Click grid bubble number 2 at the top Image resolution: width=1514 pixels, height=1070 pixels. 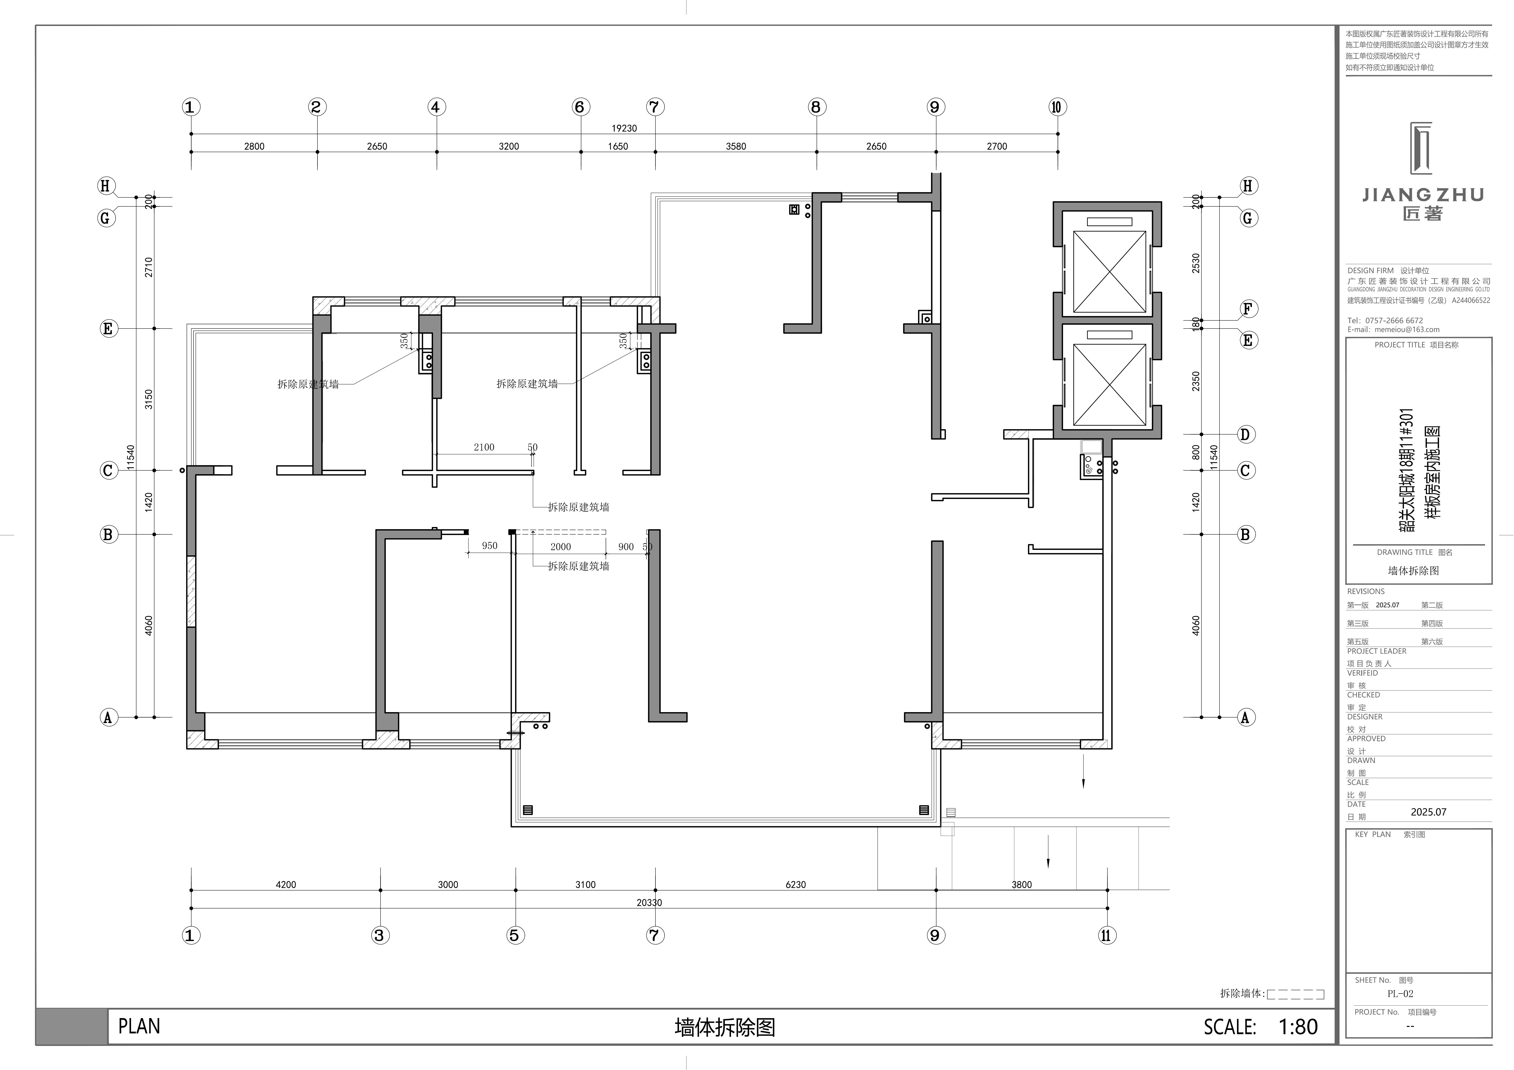coord(317,107)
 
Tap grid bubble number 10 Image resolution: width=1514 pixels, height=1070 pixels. coord(1057,107)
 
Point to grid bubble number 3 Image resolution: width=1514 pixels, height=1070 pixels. coord(379,935)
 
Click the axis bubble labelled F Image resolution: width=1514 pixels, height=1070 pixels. coord(1247,309)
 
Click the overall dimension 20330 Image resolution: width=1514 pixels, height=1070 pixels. coord(649,903)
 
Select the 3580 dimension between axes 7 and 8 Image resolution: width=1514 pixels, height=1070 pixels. coord(736,146)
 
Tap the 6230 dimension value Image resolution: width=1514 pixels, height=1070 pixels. coord(795,885)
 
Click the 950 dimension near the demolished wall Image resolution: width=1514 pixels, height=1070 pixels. coord(489,546)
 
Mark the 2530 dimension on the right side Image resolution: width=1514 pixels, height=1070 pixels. coord(1196,263)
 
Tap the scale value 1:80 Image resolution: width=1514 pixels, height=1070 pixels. coord(1298,1026)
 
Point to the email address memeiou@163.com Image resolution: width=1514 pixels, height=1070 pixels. coord(1407,330)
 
